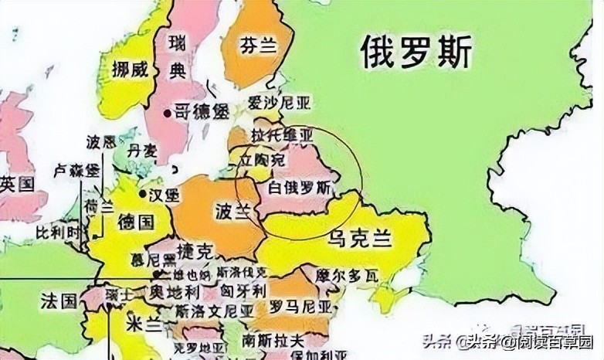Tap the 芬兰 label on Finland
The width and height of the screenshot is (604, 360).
pyautogui.click(x=258, y=46)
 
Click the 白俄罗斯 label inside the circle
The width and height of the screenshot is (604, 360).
pyautogui.click(x=299, y=188)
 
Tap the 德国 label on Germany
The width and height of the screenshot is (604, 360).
pyautogui.click(x=136, y=222)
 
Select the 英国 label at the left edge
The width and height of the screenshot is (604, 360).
pyautogui.click(x=17, y=184)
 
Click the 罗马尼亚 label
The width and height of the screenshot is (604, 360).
pyautogui.click(x=298, y=306)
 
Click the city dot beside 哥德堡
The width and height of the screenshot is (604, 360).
pyautogui.click(x=166, y=112)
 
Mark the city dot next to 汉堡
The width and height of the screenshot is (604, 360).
pyautogui.click(x=143, y=187)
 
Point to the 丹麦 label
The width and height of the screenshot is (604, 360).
pyautogui.click(x=144, y=149)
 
